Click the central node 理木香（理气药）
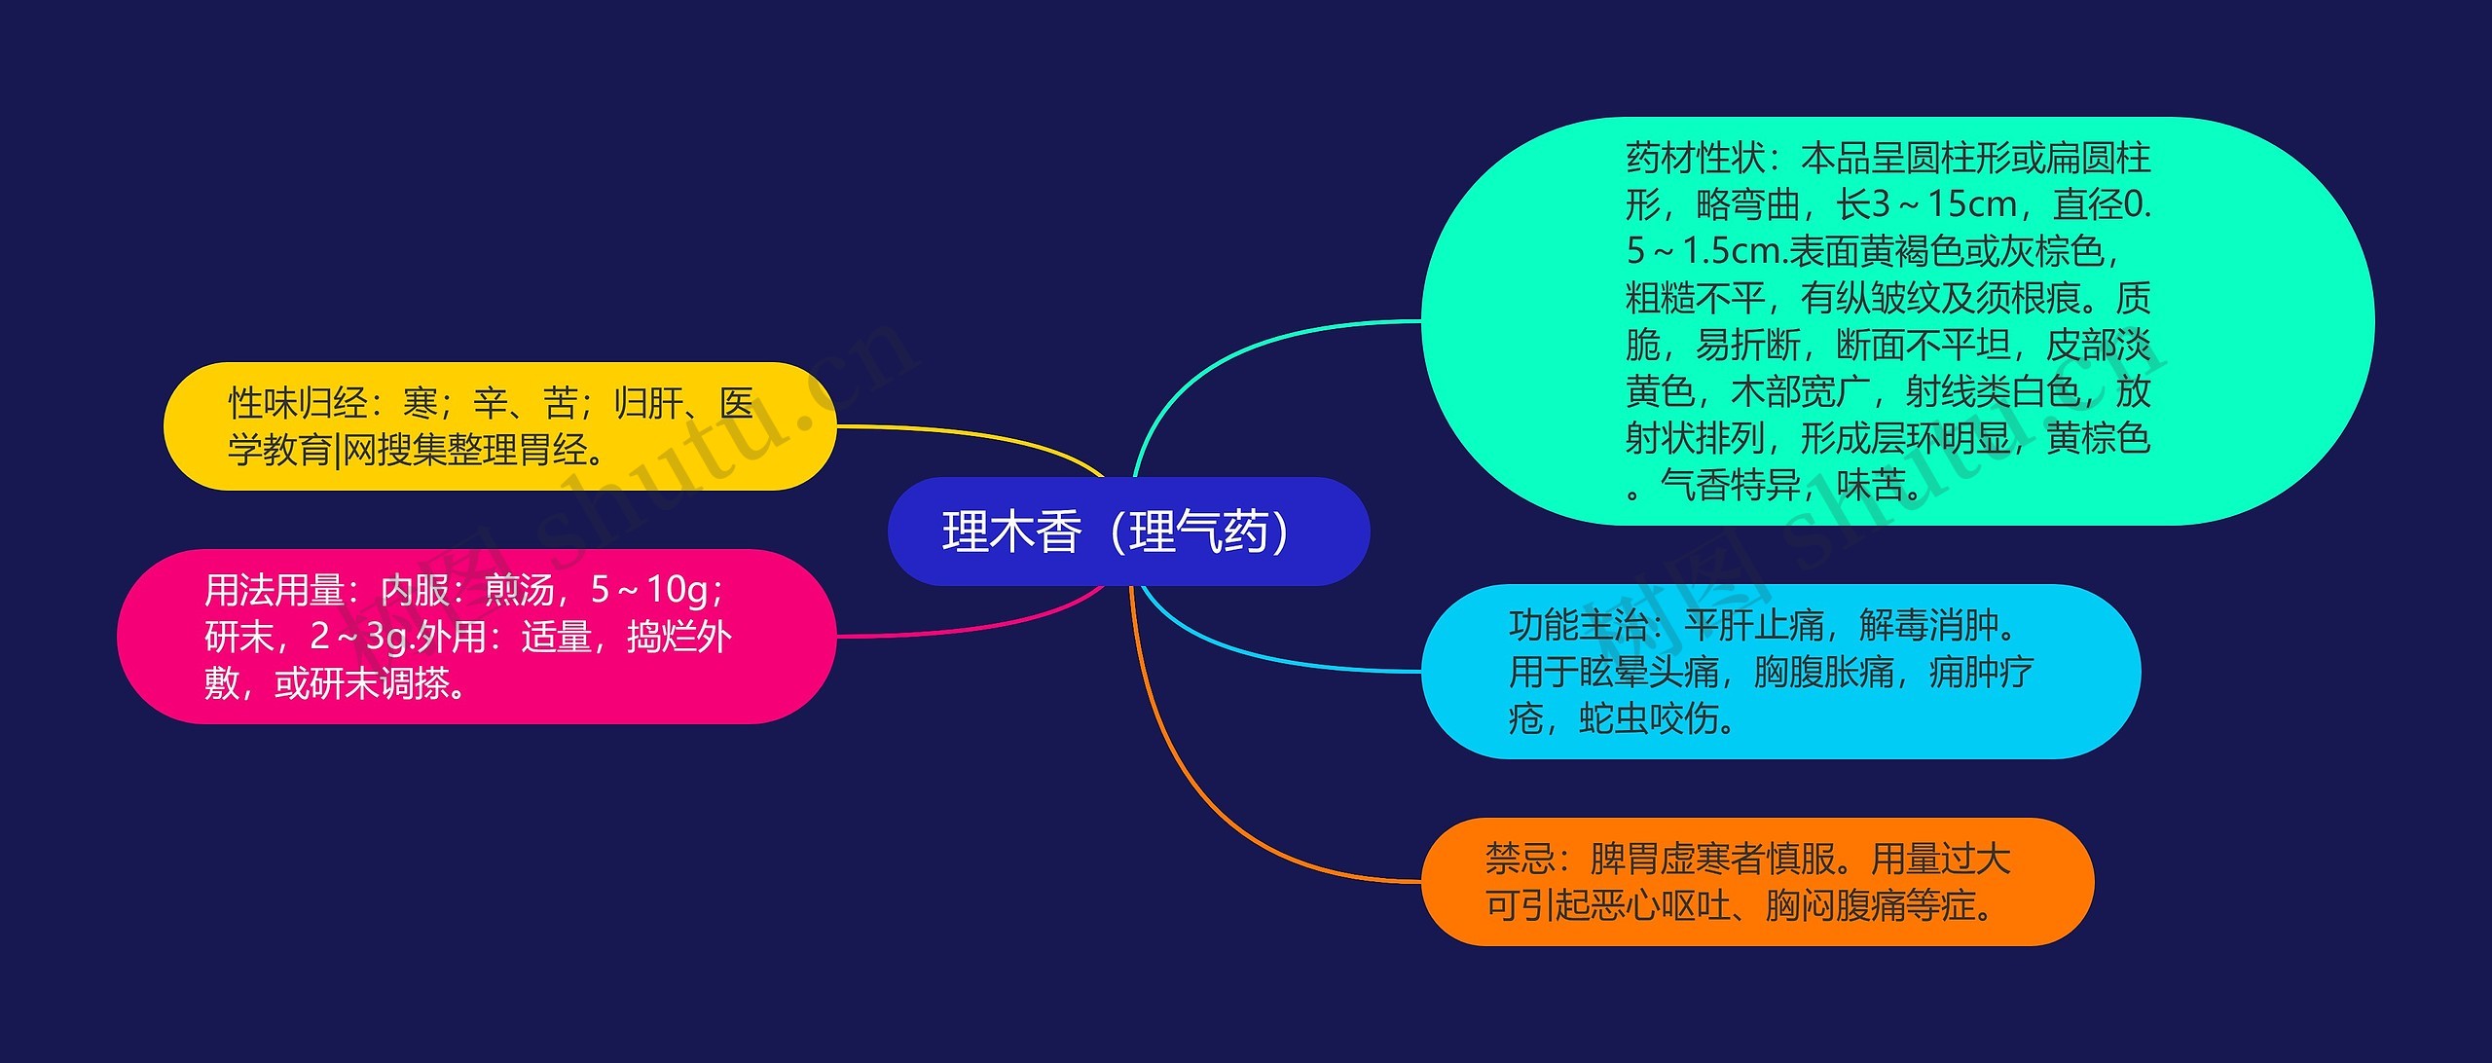[1127, 531]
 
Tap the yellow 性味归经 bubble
[499, 426]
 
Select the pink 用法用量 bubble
[476, 637]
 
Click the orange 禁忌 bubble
[1756, 882]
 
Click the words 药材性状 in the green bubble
[1695, 158]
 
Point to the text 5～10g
[651, 590]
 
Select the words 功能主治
[1578, 625]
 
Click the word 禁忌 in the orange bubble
[1520, 859]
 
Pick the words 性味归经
[297, 403]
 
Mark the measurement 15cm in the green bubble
[1971, 204]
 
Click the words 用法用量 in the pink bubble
[274, 590]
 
